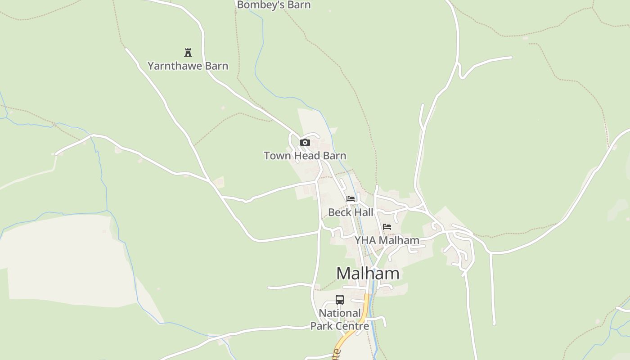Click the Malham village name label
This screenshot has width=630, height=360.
pyautogui.click(x=368, y=273)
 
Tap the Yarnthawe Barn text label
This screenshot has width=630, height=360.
pyautogui.click(x=188, y=66)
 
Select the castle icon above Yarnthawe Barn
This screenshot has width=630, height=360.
pyautogui.click(x=188, y=53)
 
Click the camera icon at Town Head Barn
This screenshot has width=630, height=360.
pyautogui.click(x=305, y=143)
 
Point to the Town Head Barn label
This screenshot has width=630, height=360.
pyautogui.click(x=305, y=156)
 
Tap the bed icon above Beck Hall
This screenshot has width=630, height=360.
pyautogui.click(x=351, y=199)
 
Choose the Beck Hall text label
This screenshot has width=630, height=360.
pyautogui.click(x=351, y=212)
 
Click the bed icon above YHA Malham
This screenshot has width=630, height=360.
pyautogui.click(x=387, y=227)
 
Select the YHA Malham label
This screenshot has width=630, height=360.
pyautogui.click(x=387, y=240)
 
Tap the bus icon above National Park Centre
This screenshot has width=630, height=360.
pyautogui.click(x=340, y=300)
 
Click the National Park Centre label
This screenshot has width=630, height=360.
pyautogui.click(x=340, y=319)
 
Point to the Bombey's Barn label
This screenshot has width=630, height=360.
pyautogui.click(x=274, y=5)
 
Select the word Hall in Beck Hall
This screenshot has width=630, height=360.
pyautogui.click(x=364, y=212)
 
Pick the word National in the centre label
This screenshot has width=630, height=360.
pyautogui.click(x=340, y=313)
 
